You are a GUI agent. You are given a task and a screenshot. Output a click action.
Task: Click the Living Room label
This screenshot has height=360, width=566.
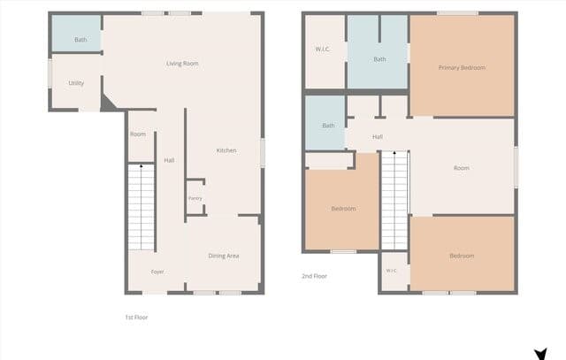[182, 64]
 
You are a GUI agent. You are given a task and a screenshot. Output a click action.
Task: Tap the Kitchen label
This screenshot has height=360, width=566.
[226, 150]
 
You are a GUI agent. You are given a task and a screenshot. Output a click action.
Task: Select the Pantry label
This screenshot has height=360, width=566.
[195, 198]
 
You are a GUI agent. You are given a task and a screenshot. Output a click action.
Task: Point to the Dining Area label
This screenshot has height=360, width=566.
[224, 256]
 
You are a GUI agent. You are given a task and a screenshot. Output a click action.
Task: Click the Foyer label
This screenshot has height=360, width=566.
[157, 272]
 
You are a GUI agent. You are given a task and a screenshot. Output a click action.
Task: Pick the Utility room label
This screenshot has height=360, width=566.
[76, 83]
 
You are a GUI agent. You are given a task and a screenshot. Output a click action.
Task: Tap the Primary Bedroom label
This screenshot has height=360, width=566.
[462, 67]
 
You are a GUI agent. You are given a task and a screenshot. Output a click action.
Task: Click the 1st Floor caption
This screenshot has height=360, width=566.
[136, 318]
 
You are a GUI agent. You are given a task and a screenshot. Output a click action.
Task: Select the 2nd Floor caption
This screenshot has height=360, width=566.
[315, 276]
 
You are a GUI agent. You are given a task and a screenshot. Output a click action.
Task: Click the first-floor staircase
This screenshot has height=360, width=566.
[141, 207]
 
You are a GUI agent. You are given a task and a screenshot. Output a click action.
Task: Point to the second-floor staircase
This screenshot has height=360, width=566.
[395, 200]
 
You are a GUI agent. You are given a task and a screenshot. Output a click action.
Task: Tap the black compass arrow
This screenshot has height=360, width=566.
[540, 354]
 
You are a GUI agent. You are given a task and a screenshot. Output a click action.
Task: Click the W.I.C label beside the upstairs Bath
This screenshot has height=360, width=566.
[322, 49]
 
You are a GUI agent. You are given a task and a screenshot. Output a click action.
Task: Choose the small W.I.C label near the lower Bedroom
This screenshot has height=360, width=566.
[391, 271]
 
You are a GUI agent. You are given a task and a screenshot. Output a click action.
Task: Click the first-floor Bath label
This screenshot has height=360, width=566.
[80, 39]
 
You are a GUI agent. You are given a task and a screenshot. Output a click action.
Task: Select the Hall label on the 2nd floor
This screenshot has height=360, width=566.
[378, 137]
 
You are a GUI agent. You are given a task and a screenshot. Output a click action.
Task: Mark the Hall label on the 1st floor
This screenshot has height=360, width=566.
[169, 160]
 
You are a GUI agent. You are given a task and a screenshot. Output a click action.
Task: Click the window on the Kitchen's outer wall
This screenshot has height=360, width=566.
[263, 153]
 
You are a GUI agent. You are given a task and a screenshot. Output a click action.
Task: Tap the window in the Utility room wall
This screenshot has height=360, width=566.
[50, 73]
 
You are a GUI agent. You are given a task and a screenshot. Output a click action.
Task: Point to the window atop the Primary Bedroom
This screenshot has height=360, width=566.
[457, 13]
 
